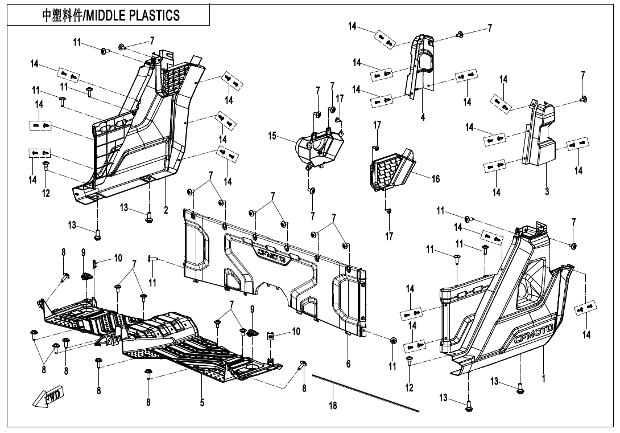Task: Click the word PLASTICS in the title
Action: (158, 15)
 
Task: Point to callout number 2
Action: (166, 210)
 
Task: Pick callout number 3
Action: (547, 192)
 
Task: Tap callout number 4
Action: (423, 117)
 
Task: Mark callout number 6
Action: (348, 363)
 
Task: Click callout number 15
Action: (272, 136)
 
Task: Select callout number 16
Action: (435, 179)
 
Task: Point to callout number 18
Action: (333, 406)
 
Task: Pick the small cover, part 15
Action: (319, 148)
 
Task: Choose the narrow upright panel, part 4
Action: (420, 66)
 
